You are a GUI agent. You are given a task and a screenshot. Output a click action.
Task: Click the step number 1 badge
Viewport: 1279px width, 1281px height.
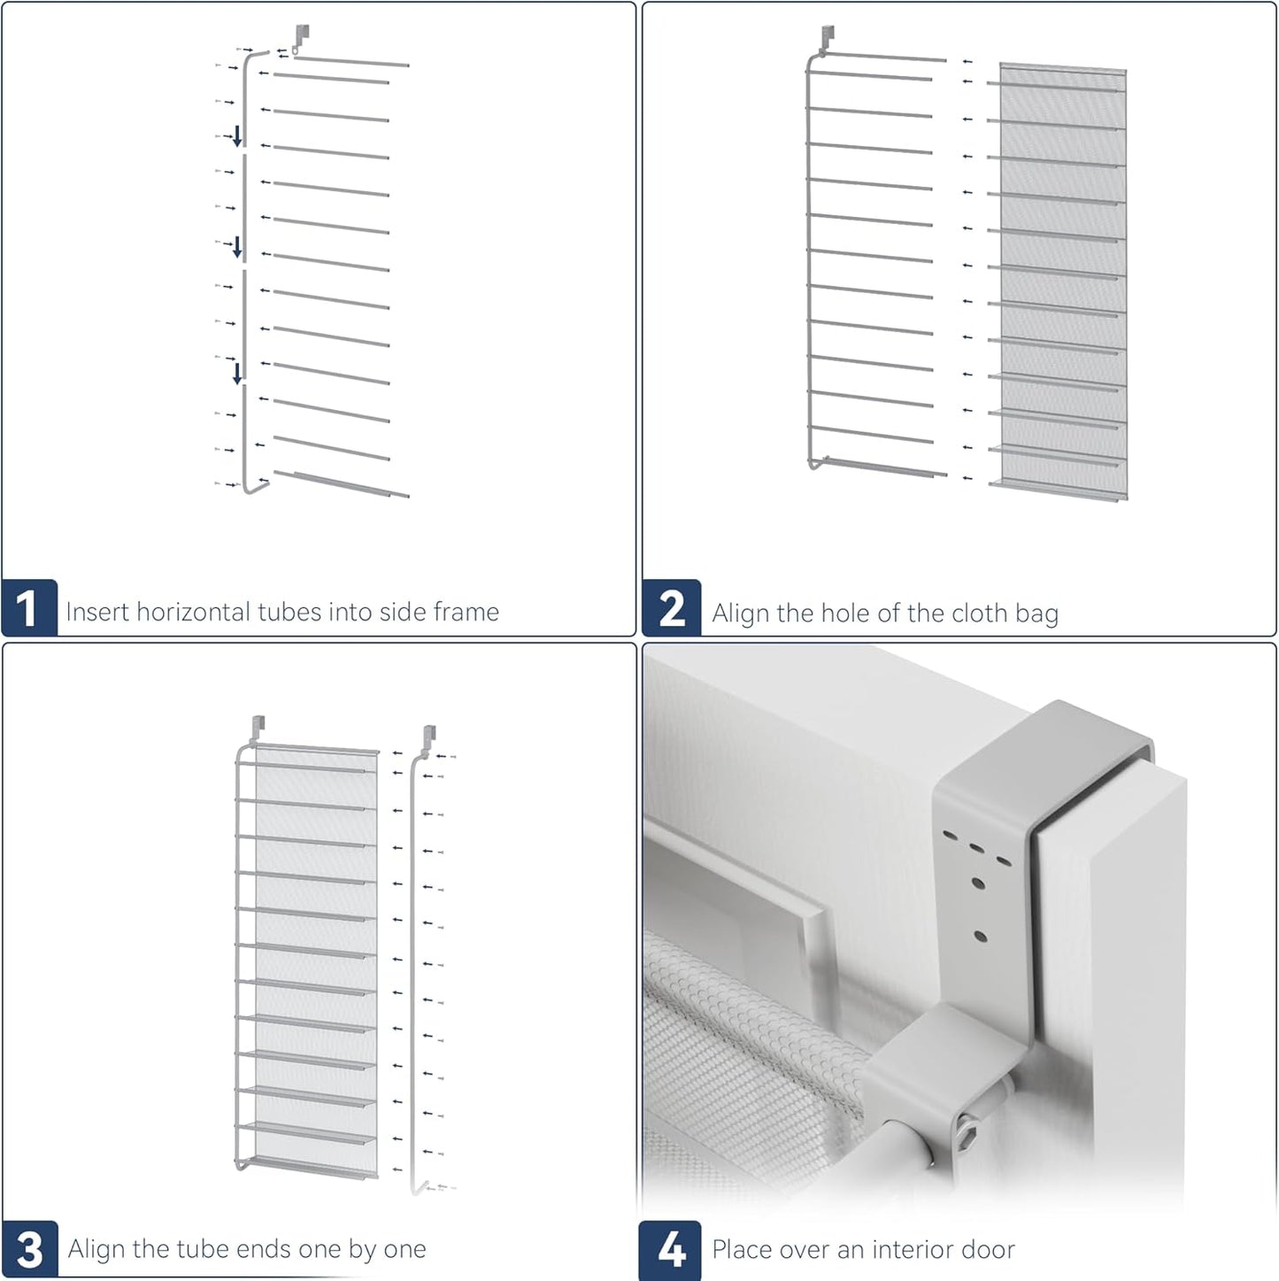(x=29, y=609)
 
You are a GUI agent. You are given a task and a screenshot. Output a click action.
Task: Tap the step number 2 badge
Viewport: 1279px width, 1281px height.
(x=672, y=609)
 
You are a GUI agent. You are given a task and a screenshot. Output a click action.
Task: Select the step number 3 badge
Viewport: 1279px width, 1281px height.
(x=29, y=1249)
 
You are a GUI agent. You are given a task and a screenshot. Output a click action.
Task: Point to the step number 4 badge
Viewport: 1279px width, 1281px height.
(x=670, y=1249)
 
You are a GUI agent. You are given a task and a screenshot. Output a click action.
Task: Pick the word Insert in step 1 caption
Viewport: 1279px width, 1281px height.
(x=97, y=612)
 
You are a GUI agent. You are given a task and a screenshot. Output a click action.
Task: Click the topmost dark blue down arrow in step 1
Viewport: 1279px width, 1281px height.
(x=237, y=135)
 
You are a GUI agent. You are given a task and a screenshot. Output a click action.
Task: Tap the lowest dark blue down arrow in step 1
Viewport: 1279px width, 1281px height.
(x=237, y=373)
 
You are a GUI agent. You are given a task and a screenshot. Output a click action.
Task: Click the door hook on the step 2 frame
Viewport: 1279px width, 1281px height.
(x=827, y=37)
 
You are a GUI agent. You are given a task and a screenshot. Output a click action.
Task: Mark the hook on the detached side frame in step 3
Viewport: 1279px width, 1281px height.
(x=429, y=737)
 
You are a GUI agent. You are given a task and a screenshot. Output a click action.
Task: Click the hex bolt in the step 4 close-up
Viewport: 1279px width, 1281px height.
(x=971, y=1136)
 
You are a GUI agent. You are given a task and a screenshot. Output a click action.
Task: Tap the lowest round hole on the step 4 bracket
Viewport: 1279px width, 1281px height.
(x=980, y=936)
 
